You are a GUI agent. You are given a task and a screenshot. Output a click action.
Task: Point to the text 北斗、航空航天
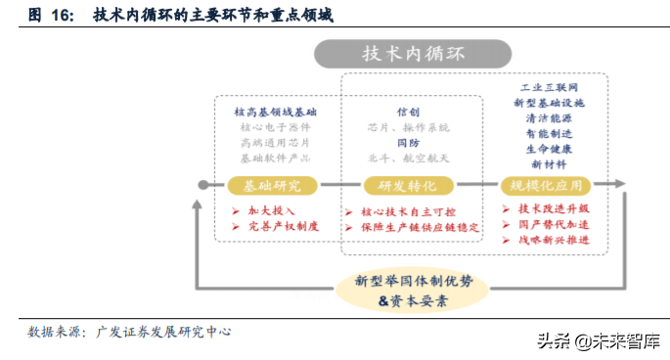coord(408,157)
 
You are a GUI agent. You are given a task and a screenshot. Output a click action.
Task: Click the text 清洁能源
coord(549,118)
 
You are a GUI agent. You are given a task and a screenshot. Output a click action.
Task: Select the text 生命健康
coord(549,149)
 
